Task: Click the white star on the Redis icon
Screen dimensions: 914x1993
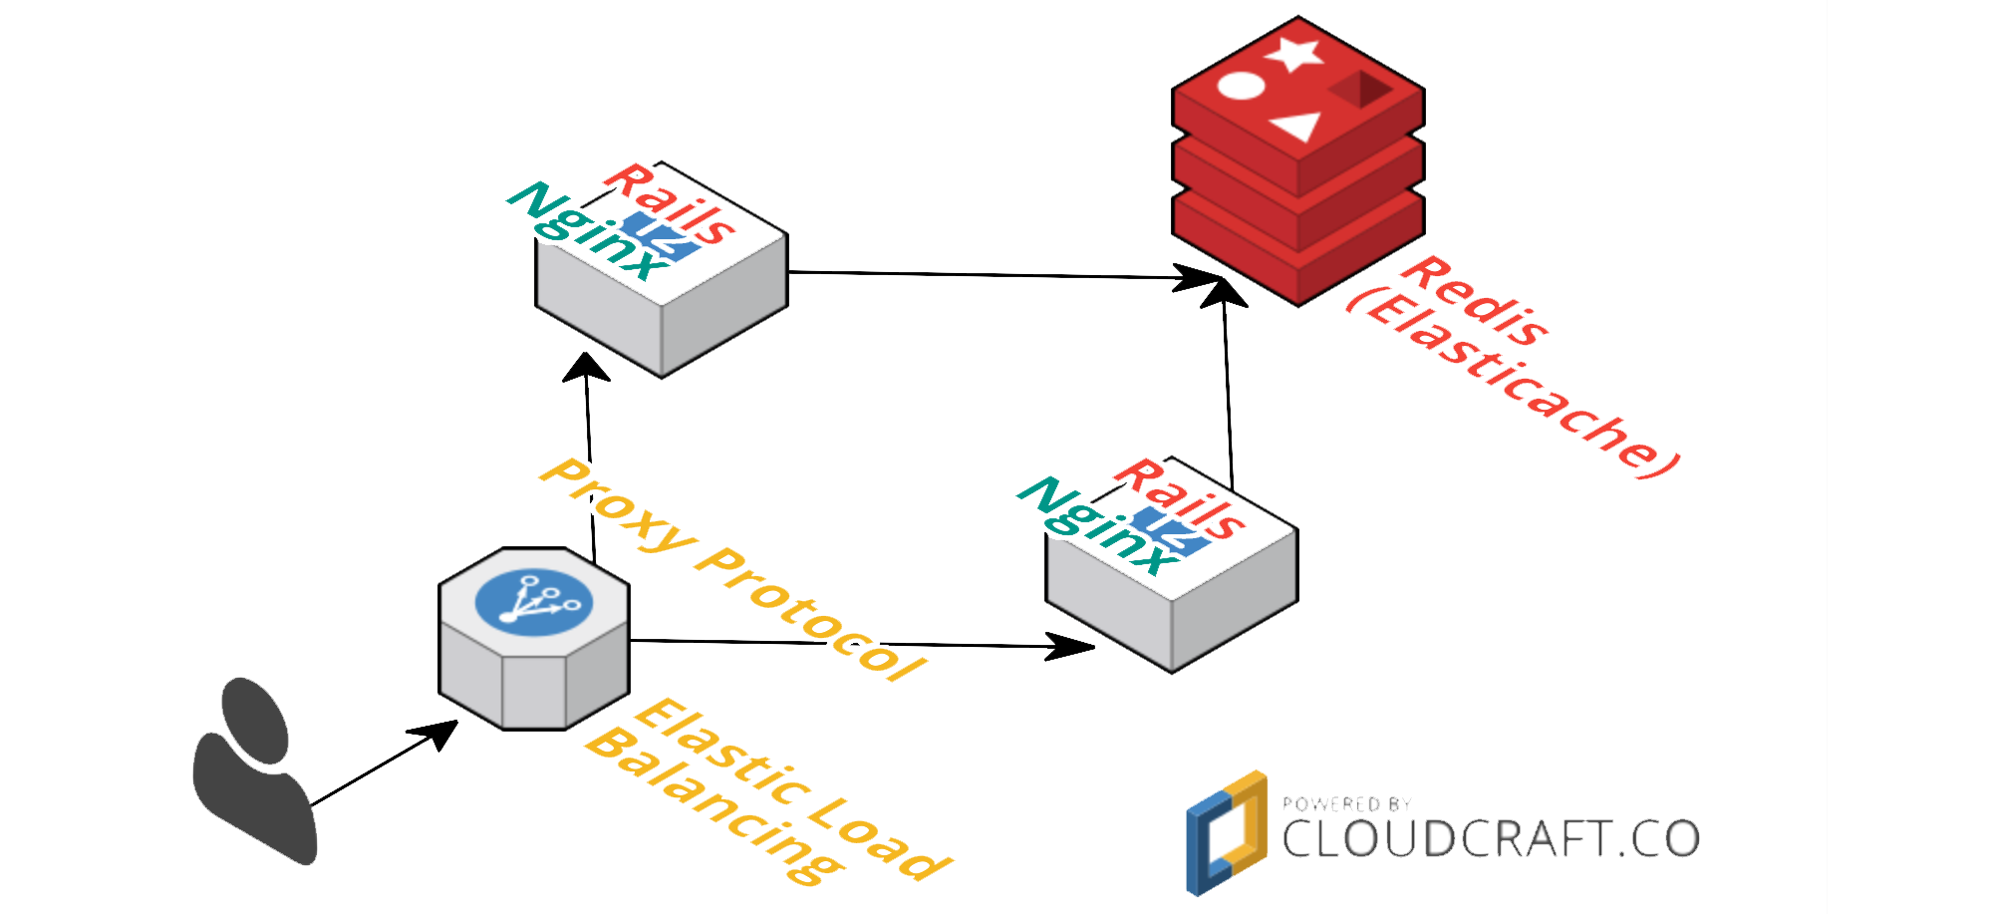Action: pyautogui.click(x=1294, y=54)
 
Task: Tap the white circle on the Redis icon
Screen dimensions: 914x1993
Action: pyautogui.click(x=1241, y=87)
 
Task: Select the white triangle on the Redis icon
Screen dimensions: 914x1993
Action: pyautogui.click(x=1297, y=128)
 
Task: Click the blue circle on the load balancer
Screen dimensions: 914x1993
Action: pyautogui.click(x=534, y=602)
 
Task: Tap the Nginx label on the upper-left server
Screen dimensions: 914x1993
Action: pyautogui.click(x=588, y=231)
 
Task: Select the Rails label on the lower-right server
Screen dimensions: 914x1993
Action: pyautogui.click(x=1180, y=498)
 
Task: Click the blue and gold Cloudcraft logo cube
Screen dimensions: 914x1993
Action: pyautogui.click(x=1226, y=833)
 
